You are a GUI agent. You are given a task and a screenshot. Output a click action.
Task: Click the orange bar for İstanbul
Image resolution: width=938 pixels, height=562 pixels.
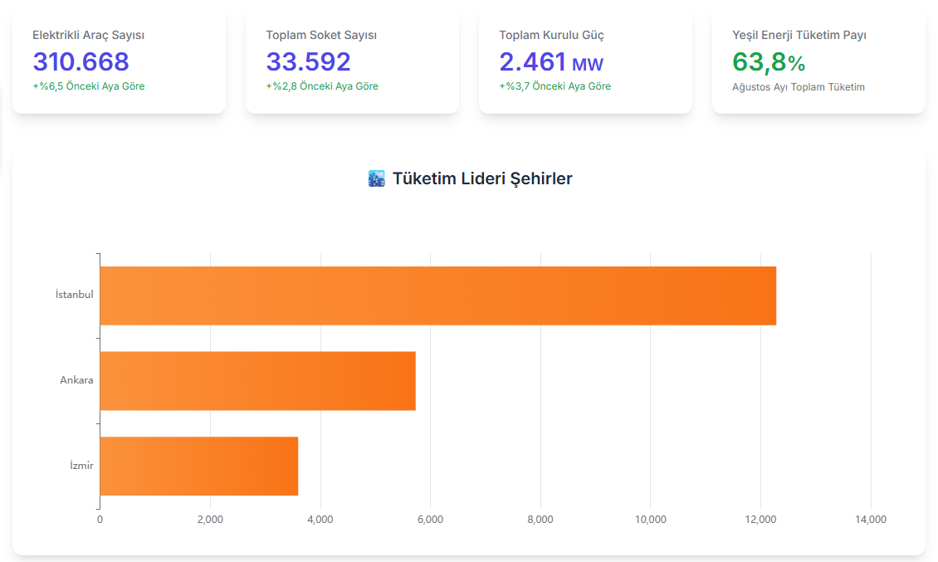[437, 296]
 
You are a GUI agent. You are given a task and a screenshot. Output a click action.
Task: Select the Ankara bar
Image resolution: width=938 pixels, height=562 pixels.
[257, 381]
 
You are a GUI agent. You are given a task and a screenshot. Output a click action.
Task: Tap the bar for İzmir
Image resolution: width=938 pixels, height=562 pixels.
[198, 466]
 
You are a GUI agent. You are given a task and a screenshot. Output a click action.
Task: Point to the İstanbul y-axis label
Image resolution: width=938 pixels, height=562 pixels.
[74, 295]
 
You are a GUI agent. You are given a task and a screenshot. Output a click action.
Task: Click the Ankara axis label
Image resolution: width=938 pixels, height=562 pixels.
[76, 380]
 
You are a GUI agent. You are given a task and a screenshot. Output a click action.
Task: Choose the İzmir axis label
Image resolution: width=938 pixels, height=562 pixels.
[81, 466]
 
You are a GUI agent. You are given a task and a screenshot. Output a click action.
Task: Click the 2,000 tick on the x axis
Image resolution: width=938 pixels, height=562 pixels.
[210, 520]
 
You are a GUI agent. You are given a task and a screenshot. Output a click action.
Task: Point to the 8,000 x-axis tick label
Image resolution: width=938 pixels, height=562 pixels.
[540, 520]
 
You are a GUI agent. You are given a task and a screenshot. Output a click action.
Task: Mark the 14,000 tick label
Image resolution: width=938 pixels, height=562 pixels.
[871, 520]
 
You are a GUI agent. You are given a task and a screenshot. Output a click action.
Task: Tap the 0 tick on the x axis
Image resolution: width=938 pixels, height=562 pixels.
[100, 520]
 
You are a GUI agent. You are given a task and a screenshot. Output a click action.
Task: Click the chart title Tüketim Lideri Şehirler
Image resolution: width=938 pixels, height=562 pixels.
[482, 178]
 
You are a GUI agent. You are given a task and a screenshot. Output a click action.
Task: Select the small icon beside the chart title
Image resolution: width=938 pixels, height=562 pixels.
[376, 178]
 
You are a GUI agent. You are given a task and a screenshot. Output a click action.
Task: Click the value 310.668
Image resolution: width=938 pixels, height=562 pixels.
[81, 61]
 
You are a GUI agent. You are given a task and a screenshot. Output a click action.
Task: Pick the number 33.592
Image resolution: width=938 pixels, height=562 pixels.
[309, 61]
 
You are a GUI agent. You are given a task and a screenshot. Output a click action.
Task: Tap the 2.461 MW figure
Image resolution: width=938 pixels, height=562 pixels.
[551, 61]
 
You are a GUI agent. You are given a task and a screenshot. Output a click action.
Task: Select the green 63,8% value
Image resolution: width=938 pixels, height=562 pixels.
[769, 61]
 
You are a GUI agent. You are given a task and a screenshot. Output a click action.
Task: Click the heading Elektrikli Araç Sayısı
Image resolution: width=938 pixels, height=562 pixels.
[89, 35]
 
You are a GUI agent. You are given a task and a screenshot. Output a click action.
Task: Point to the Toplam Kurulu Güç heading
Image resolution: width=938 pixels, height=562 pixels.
[551, 35]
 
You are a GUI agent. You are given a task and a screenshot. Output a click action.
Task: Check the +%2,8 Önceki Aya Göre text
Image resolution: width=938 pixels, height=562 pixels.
[322, 86]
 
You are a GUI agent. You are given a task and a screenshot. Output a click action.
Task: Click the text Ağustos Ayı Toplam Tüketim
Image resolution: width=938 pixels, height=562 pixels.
[799, 87]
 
